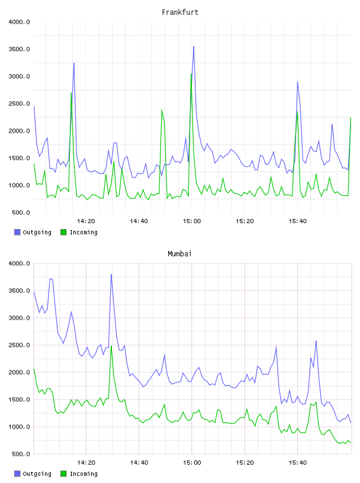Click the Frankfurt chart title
click(x=180, y=12)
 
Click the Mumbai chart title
click(x=179, y=253)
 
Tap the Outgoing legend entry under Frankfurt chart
click(x=33, y=232)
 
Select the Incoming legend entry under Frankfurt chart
click(x=79, y=232)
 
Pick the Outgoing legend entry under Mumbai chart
click(x=33, y=474)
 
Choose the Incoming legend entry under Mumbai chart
click(x=79, y=474)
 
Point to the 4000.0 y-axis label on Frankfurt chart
click(x=20, y=22)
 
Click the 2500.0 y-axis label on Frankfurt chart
click(x=20, y=104)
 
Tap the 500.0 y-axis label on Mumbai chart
click(x=21, y=454)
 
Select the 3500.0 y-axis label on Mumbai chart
click(x=20, y=291)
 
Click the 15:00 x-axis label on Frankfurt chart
click(x=192, y=221)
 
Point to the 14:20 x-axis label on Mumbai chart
click(x=86, y=462)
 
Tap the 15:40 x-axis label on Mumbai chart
click(x=298, y=462)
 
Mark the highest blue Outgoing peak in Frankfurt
click(x=194, y=47)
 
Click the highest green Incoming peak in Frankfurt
click(x=191, y=74)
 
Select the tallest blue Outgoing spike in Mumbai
click(x=111, y=275)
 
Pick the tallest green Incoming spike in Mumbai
click(x=111, y=346)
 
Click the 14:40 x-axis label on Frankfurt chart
click(x=139, y=221)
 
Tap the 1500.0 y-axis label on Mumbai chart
click(x=20, y=400)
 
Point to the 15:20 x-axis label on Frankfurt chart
click(x=245, y=221)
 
